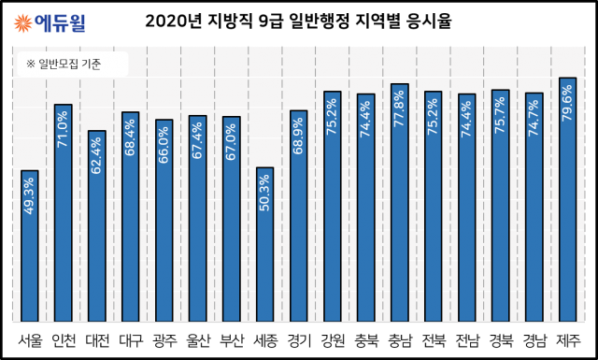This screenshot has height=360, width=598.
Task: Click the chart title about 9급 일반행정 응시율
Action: point(298,22)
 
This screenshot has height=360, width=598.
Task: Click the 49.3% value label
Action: point(30,199)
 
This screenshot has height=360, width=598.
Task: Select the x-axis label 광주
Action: point(164,338)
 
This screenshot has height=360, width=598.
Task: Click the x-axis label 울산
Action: point(198,338)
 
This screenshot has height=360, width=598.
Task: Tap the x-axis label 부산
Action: point(231,338)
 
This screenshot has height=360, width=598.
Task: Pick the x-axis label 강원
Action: point(332,338)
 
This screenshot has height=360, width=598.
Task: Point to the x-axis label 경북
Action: point(499,338)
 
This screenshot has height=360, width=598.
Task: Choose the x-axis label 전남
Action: point(466,338)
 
